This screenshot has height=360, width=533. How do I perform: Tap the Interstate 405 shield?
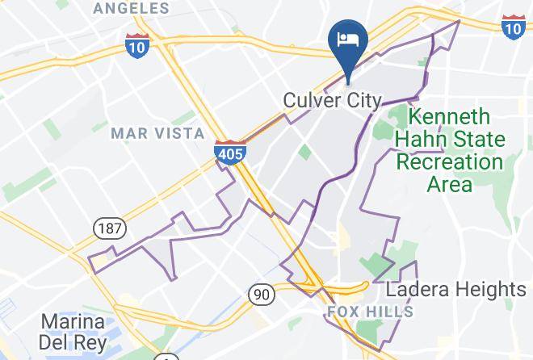(230, 153)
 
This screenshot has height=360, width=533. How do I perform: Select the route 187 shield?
(107, 228)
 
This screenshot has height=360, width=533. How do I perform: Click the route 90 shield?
(260, 295)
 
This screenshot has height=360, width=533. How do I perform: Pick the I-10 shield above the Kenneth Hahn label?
(512, 27)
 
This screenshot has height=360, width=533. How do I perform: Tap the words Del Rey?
(73, 342)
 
